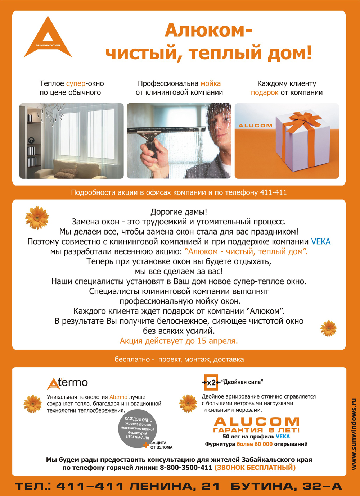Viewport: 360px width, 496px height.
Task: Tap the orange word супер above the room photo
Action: (76, 84)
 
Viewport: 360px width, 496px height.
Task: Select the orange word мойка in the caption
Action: (211, 84)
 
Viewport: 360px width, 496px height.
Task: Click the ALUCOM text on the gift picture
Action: (255, 126)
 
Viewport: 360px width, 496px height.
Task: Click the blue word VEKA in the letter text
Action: (320, 242)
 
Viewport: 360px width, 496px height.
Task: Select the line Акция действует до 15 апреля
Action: (179, 341)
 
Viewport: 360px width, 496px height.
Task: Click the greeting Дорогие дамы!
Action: (179, 212)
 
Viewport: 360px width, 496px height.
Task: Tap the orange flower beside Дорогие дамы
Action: (37, 218)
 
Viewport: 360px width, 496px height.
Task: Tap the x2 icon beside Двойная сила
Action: (211, 382)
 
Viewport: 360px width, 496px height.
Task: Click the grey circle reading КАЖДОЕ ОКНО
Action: (138, 429)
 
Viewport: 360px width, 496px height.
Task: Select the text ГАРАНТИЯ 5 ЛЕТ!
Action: (256, 430)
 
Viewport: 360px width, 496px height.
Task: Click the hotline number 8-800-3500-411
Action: (186, 468)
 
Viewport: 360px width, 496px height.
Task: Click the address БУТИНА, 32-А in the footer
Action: (286, 487)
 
